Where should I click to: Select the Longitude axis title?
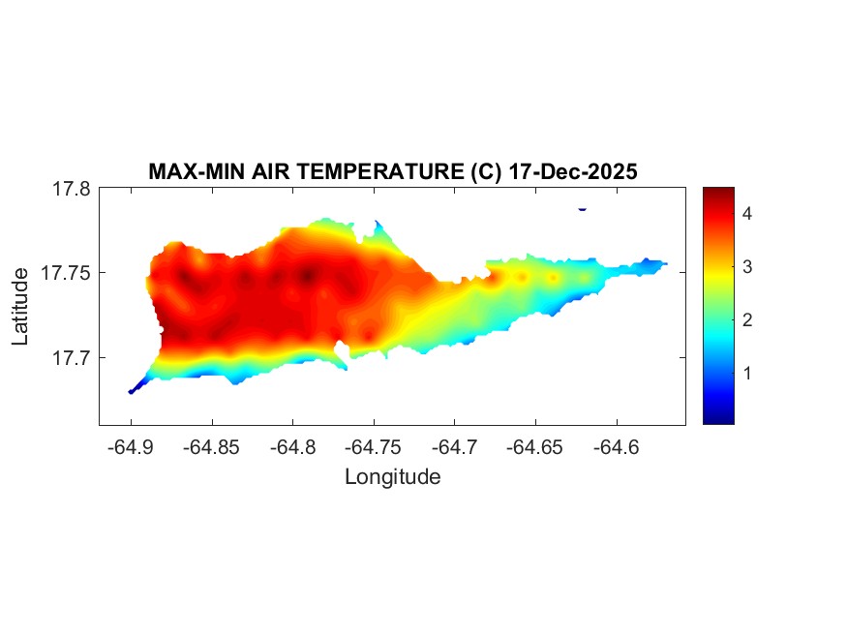(392, 476)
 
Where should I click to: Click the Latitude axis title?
(21, 307)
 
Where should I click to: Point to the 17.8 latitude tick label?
(71, 189)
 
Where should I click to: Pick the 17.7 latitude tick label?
(71, 357)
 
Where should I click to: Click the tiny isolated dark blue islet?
(582, 209)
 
